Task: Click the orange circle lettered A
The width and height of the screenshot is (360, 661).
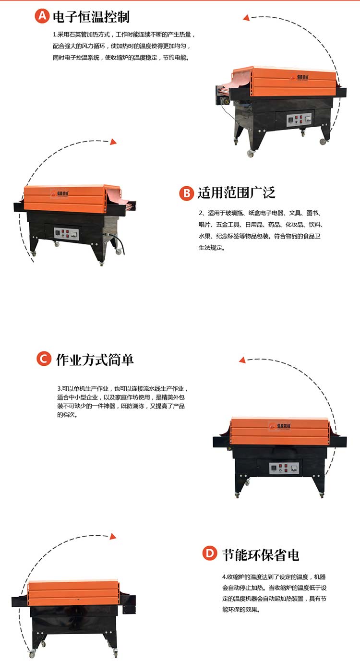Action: [42, 16]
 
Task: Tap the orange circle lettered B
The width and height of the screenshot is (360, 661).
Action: [187, 193]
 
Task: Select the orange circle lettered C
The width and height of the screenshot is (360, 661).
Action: [44, 359]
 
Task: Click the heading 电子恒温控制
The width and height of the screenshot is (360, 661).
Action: [91, 17]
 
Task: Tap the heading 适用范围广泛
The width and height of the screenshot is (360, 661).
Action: [236, 192]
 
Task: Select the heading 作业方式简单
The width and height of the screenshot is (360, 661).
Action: [95, 360]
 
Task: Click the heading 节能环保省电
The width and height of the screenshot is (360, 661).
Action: [261, 555]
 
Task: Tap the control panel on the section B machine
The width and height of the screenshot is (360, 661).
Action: [66, 234]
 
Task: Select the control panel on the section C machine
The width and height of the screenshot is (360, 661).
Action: [284, 468]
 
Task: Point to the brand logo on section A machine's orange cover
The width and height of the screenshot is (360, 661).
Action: [299, 77]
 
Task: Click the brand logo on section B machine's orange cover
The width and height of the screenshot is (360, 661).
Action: [60, 193]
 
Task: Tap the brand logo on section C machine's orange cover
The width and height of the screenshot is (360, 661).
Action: [280, 426]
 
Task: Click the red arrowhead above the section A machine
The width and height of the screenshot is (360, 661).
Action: [246, 18]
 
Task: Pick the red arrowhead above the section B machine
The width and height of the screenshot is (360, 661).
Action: [113, 142]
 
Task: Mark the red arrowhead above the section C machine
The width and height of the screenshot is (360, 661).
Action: [242, 360]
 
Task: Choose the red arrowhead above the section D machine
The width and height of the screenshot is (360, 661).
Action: [113, 536]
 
